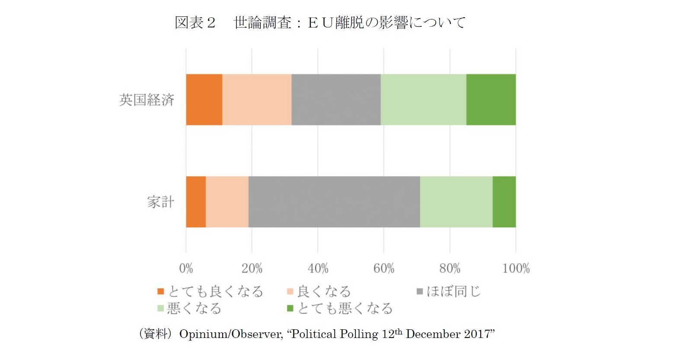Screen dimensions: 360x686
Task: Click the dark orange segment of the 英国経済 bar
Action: [x=204, y=99]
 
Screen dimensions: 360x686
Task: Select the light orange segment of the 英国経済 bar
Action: [x=257, y=99]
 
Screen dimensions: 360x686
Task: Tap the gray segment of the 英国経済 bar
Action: [x=336, y=99]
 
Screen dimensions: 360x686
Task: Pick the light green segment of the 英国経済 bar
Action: [x=423, y=99]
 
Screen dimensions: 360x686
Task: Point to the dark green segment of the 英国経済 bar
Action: [x=491, y=99]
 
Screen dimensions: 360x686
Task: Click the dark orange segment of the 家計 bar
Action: [x=196, y=201]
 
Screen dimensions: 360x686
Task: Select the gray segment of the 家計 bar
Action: [x=334, y=201]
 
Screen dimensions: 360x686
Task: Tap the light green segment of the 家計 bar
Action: [x=456, y=201]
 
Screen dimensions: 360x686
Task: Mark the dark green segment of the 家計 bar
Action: [x=504, y=201]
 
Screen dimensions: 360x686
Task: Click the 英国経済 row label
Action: [x=147, y=100]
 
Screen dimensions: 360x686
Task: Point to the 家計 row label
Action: [x=160, y=202]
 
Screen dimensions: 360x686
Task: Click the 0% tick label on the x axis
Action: [x=186, y=268]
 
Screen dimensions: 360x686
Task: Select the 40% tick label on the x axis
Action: [x=318, y=268]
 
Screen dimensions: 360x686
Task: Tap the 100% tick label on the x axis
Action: [x=516, y=268]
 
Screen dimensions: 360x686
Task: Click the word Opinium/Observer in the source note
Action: [x=231, y=334]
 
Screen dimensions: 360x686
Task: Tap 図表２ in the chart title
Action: [x=195, y=22]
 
